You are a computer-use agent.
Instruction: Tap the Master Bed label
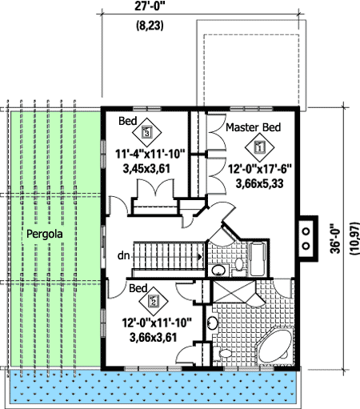(x=253, y=128)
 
